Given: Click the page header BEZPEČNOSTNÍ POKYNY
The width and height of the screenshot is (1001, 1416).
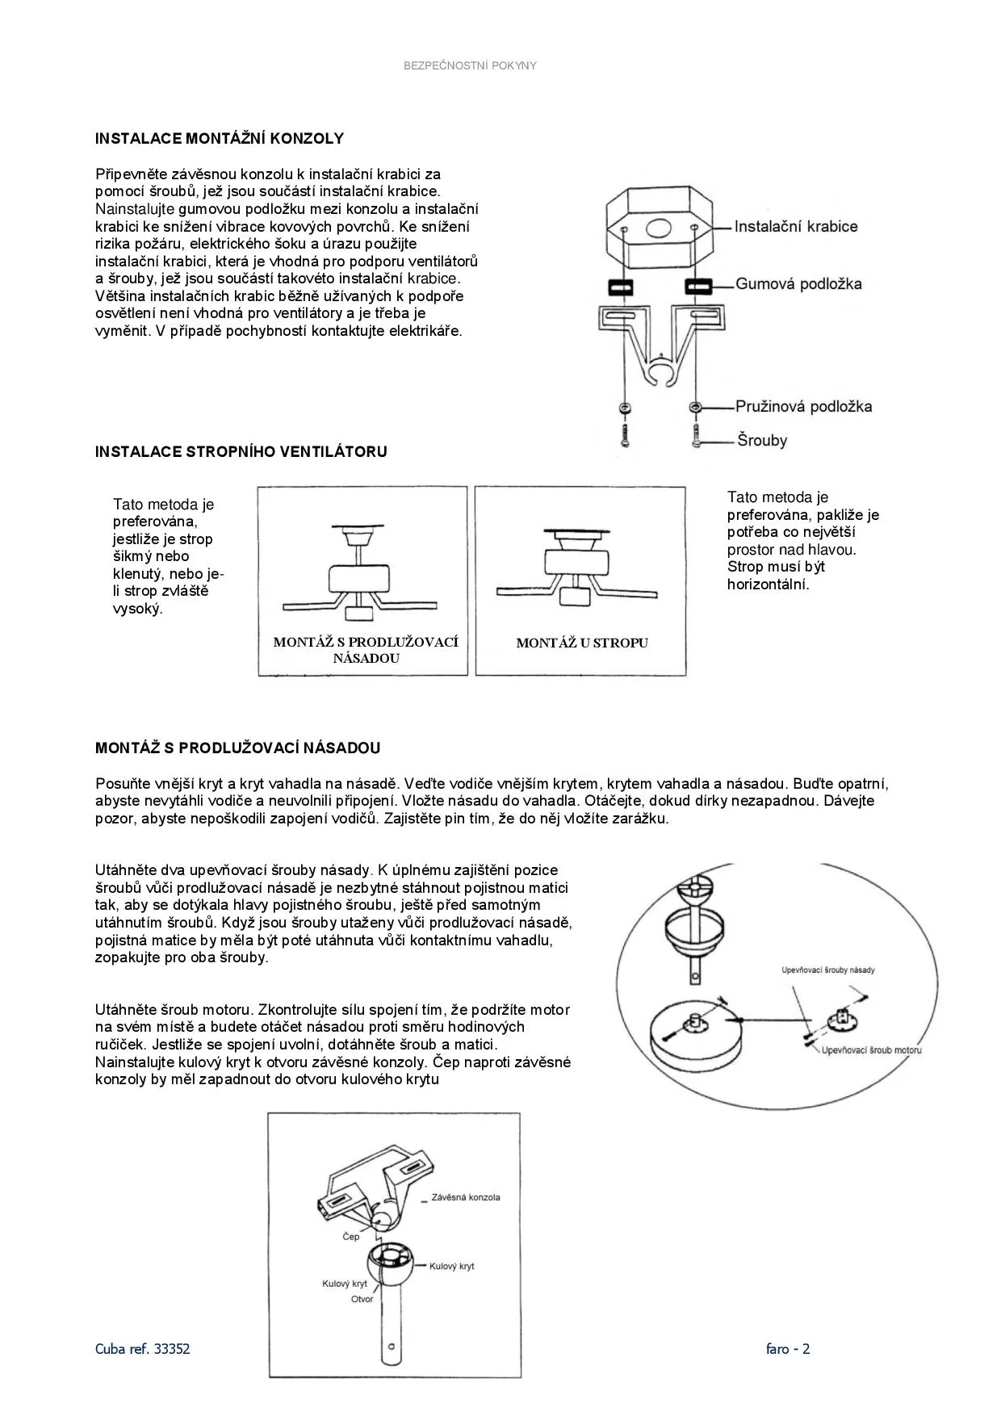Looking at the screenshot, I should [470, 65].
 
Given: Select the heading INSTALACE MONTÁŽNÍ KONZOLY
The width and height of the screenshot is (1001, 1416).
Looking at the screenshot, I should [220, 139].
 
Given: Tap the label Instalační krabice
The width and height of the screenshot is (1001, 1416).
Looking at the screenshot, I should [795, 227].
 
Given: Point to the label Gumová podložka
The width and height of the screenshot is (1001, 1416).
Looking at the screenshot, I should [798, 284].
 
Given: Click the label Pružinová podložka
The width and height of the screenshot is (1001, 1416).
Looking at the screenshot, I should [803, 407].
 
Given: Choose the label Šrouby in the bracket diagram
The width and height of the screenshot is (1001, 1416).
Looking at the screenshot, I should [761, 441].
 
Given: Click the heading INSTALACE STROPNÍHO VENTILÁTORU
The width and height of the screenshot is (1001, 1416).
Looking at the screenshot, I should [241, 452].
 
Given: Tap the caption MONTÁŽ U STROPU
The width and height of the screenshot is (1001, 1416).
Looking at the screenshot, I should [582, 643].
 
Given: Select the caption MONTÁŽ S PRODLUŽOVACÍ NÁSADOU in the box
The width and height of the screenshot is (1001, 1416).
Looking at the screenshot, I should [366, 650].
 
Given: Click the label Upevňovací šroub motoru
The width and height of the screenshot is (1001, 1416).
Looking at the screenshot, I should [871, 1050].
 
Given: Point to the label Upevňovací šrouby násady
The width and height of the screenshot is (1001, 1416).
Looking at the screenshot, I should [828, 970].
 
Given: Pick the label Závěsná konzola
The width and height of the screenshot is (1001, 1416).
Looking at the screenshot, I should [466, 1197].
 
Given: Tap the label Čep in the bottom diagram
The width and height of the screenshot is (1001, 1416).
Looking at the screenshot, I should [351, 1237].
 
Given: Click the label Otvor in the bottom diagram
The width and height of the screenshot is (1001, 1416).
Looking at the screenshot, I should [362, 1299].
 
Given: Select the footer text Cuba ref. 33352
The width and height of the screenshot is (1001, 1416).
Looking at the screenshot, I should [143, 1348].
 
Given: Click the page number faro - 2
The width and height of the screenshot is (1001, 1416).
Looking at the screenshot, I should [788, 1348].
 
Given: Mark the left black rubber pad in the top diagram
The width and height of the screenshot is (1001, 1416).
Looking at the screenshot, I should [620, 287].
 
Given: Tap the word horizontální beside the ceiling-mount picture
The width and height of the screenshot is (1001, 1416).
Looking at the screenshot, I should [768, 584].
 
